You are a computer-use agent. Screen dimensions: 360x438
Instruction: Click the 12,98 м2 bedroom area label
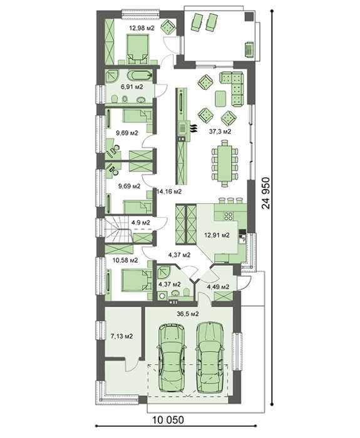pos(141,28)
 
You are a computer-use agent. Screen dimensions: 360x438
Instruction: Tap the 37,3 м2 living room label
pos(220,131)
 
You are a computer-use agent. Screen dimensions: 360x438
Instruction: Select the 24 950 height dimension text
pos(266,193)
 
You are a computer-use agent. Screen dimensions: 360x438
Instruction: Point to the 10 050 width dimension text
pos(168,419)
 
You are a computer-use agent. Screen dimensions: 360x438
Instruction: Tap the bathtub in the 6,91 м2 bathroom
pos(140,76)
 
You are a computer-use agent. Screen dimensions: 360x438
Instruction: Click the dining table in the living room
pos(225,163)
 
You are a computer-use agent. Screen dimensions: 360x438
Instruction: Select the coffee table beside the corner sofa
pos(220,99)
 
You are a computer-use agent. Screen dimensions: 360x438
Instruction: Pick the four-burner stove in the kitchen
pos(229,216)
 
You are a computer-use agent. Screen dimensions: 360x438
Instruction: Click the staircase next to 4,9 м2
pos(118,230)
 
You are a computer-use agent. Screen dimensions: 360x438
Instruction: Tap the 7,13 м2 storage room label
pos(121,337)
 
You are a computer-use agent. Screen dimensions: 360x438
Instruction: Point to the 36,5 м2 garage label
pos(188,313)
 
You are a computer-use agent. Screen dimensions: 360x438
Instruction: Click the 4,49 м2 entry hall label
pos(218,287)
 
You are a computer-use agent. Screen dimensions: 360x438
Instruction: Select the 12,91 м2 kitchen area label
pos(217,235)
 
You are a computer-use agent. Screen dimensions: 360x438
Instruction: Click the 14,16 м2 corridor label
pos(169,191)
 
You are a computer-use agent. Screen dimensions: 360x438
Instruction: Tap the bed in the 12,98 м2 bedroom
pos(138,48)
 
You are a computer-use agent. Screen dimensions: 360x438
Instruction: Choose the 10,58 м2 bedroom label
pos(125,260)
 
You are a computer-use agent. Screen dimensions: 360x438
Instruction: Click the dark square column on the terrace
pos(249,16)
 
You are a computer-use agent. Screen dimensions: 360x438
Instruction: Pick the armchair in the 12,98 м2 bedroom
pos(168,27)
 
